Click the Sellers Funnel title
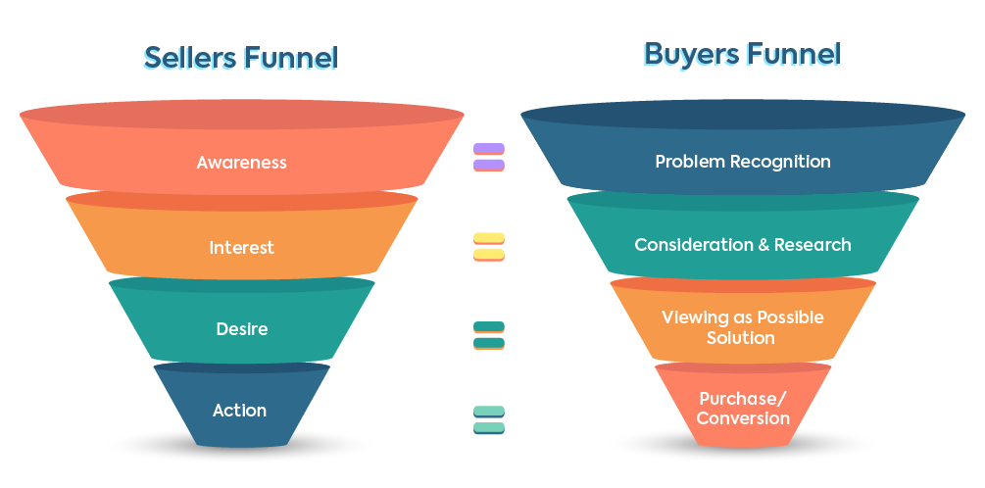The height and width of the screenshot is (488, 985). pyautogui.click(x=241, y=57)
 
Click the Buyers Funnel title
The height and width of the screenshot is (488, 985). pyautogui.click(x=742, y=53)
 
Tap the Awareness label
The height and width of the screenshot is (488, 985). pyautogui.click(x=241, y=162)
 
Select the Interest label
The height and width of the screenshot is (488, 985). pyautogui.click(x=241, y=247)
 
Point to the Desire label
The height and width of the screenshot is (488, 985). pyautogui.click(x=241, y=329)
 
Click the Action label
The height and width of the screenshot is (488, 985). pyautogui.click(x=239, y=410)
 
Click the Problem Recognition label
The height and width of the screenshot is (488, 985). pyautogui.click(x=742, y=162)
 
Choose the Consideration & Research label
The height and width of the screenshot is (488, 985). pyautogui.click(x=742, y=244)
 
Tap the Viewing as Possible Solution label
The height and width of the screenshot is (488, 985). pyautogui.click(x=742, y=327)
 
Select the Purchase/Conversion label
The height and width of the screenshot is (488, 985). pyautogui.click(x=742, y=409)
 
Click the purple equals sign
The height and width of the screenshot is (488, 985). pyautogui.click(x=488, y=157)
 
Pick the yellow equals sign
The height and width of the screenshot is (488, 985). pyautogui.click(x=488, y=246)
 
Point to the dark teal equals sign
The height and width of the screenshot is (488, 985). pyautogui.click(x=488, y=335)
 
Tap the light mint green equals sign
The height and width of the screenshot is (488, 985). pyautogui.click(x=488, y=419)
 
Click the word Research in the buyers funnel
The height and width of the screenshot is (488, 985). pyautogui.click(x=813, y=244)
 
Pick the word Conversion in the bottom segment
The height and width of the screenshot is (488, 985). pyautogui.click(x=742, y=418)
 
